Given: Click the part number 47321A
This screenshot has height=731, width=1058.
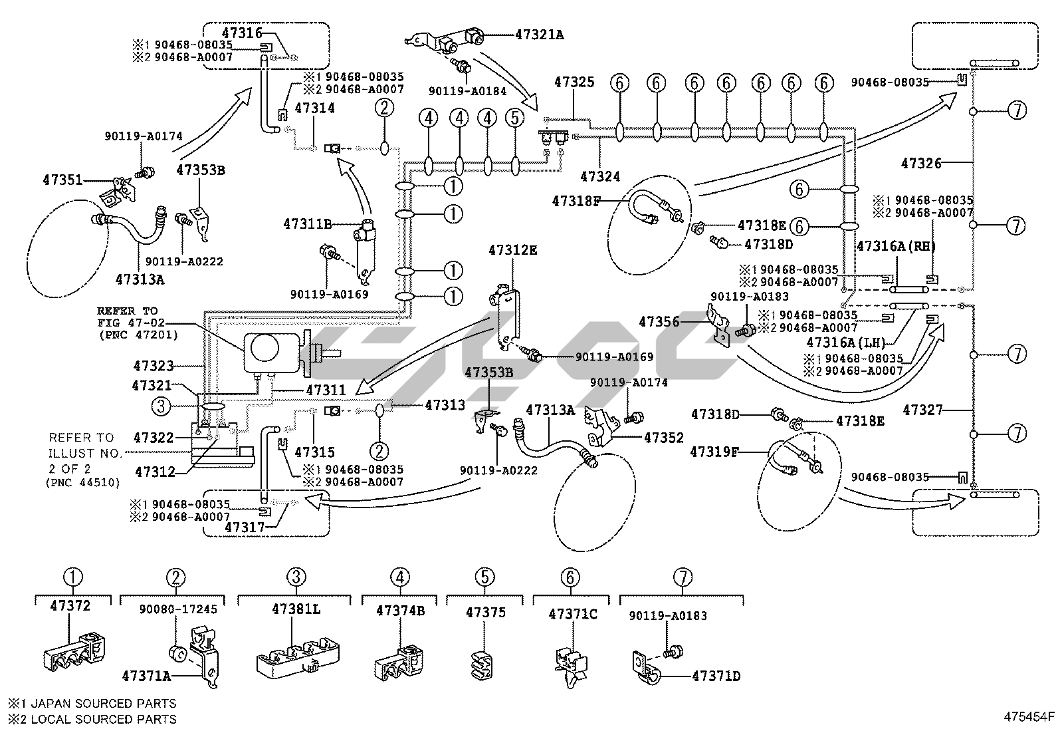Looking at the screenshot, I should tap(539, 35).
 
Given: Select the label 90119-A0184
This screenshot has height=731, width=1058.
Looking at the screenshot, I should tap(467, 90).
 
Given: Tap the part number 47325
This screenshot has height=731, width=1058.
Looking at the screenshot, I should tap(574, 82).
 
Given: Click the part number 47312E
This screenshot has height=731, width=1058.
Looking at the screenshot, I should tap(512, 250).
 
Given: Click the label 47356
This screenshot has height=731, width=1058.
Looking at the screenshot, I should tap(659, 322).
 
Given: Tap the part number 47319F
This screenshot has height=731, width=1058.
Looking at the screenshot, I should tap(714, 452).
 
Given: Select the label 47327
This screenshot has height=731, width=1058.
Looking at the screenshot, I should tap(922, 410).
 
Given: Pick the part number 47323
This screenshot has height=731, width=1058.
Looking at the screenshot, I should tap(154, 365).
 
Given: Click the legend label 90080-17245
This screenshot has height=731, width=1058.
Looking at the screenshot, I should tap(178, 609).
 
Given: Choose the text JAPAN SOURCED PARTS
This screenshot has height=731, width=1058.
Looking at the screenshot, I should tap(100, 703).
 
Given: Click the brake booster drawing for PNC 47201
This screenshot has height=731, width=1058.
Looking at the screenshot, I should tap(274, 352).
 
